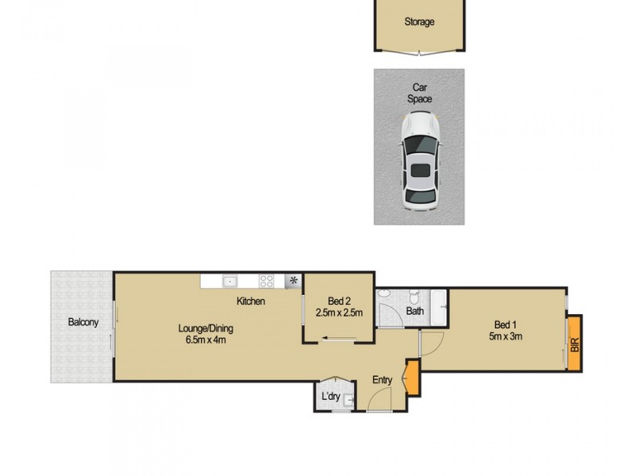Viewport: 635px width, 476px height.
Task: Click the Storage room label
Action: pyautogui.click(x=419, y=22)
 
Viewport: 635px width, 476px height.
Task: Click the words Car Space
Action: pyautogui.click(x=420, y=94)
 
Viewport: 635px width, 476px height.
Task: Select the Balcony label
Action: pyautogui.click(x=83, y=322)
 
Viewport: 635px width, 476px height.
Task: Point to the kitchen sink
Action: pyautogui.click(x=230, y=280)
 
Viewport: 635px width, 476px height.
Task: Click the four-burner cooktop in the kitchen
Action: pyautogui.click(x=267, y=280)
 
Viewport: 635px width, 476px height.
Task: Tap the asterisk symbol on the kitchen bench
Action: pyautogui.click(x=294, y=280)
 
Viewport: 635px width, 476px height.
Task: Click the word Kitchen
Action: pyautogui.click(x=250, y=301)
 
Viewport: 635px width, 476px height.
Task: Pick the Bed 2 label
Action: pyautogui.click(x=340, y=301)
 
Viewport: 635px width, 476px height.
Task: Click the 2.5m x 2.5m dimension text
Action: pyautogui.click(x=339, y=313)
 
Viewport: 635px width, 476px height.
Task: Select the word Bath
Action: pyautogui.click(x=415, y=312)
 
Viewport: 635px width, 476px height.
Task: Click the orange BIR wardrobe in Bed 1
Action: pyautogui.click(x=575, y=342)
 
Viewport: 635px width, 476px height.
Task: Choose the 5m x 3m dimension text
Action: pyautogui.click(x=506, y=336)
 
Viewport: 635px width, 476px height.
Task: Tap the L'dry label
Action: pyautogui.click(x=331, y=395)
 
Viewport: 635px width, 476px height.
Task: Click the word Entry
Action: pyautogui.click(x=383, y=380)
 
